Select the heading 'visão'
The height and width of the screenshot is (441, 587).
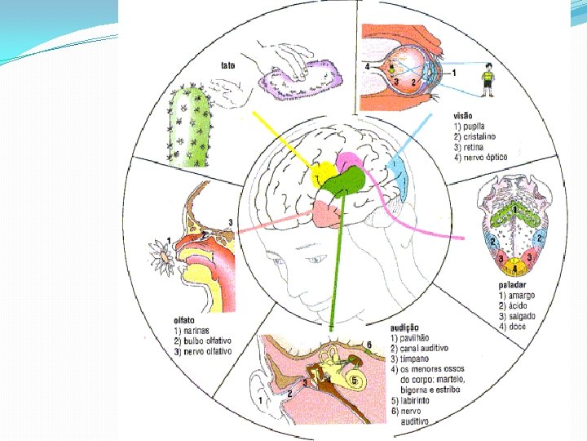point(464,116)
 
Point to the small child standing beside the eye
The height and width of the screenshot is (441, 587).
point(488,78)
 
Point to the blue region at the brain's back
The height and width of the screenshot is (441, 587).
point(399,175)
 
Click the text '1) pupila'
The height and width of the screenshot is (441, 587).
point(470,127)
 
